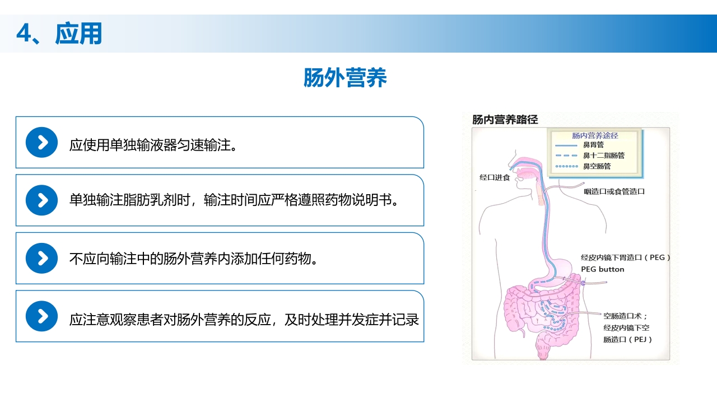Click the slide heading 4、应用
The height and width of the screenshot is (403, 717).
59,34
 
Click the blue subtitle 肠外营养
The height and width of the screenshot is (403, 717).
345,78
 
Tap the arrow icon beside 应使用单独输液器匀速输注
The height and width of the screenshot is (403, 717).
42,143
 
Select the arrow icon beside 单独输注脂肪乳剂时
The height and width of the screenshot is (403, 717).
42,200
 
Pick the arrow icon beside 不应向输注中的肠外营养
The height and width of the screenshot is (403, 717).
42,259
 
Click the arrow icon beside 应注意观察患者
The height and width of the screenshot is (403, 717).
42,316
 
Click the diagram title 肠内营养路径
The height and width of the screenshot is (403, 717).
505,120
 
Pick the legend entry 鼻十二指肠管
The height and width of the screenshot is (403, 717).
603,156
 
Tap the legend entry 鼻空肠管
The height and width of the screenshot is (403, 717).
597,166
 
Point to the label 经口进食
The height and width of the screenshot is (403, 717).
495,177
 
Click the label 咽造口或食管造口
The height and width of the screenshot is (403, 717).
614,191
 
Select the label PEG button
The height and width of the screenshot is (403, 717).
602,269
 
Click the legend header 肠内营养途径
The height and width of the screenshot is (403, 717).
595,135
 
